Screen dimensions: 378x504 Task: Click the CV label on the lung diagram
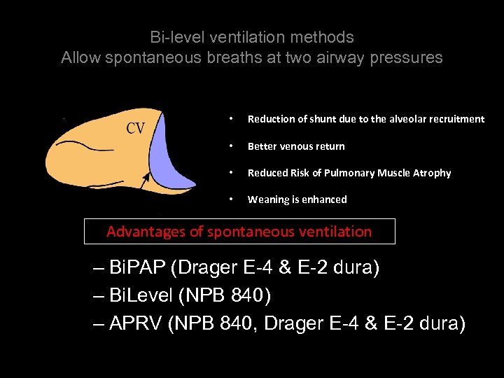tap(135, 128)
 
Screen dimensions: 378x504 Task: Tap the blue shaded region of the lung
tap(171, 157)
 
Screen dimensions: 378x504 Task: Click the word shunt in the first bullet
tap(316, 119)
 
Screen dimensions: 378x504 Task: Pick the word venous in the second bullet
tap(298, 146)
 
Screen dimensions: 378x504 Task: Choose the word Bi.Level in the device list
tap(142, 296)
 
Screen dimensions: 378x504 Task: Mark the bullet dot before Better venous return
tap(232, 146)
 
